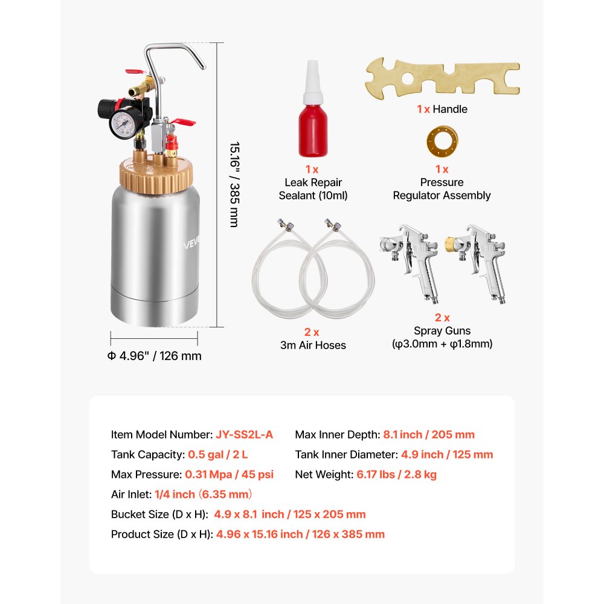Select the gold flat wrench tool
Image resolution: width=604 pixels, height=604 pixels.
442,77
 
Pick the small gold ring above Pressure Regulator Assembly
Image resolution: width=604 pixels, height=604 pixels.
442,138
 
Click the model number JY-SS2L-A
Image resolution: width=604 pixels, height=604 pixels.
244,434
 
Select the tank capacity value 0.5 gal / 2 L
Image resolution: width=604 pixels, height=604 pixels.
222,454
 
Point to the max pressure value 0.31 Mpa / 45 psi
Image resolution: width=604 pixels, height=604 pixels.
228,474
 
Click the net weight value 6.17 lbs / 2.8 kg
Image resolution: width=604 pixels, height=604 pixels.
396,474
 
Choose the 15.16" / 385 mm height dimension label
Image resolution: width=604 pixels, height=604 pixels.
233,184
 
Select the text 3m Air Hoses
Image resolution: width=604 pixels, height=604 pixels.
313,345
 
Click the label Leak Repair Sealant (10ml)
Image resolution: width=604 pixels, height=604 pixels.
313,188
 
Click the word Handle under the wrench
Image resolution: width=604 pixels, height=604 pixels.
450,109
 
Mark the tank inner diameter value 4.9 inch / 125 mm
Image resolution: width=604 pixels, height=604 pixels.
438,454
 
